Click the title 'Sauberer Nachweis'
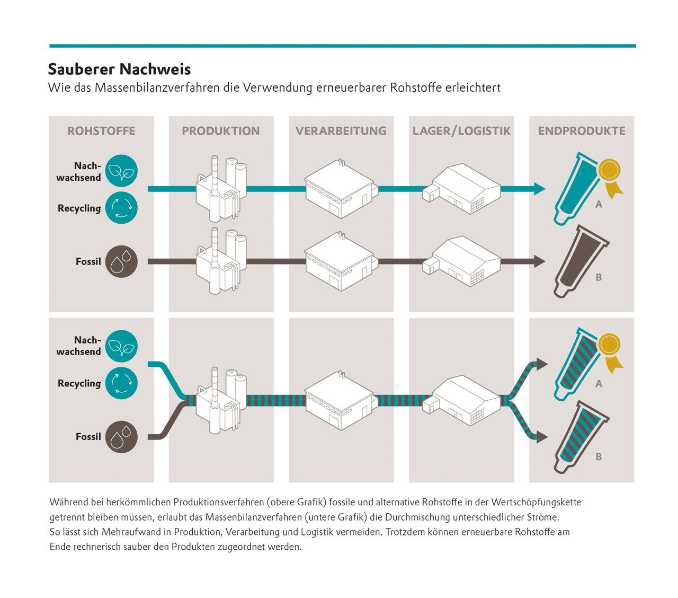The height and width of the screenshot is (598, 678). pos(119,69)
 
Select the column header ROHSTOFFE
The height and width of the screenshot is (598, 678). pos(101,131)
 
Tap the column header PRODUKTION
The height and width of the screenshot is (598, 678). pos(221,131)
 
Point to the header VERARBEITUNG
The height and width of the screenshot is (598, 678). pos(341,131)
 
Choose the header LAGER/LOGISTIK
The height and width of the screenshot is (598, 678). pos(461,131)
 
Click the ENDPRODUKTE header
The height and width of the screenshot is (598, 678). pos(582,131)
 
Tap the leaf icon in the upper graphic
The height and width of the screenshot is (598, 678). pos(121,171)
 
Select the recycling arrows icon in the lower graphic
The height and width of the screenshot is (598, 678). pos(121,383)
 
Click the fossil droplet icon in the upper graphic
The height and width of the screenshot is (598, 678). pos(121,261)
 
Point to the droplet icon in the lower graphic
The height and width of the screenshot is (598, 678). pos(121,437)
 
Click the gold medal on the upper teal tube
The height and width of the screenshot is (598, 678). pos(609,171)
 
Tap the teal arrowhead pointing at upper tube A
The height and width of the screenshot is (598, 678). pos(540,189)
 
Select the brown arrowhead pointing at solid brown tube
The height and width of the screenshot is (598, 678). pos(540,261)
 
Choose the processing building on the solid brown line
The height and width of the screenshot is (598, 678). pos(340,261)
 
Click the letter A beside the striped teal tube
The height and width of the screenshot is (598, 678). pos(599,383)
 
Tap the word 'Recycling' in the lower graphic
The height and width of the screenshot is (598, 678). pos(79,383)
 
